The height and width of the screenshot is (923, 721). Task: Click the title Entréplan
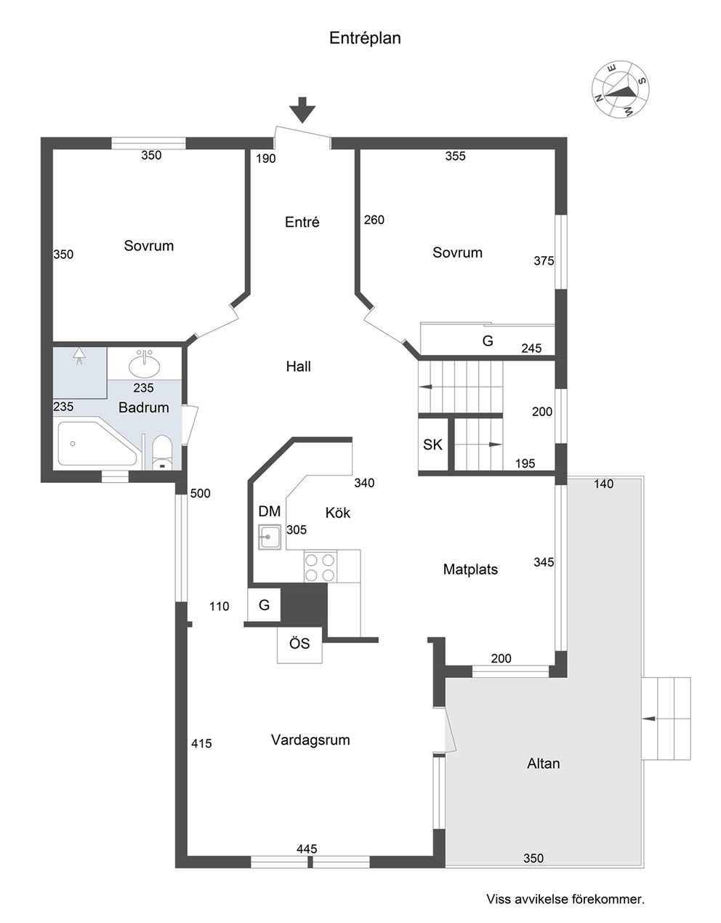click(365, 39)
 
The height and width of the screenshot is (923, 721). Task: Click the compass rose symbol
click(621, 89)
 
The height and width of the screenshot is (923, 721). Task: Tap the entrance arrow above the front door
click(302, 110)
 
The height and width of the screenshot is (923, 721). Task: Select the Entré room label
click(302, 222)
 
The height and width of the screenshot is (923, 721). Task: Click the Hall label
click(298, 367)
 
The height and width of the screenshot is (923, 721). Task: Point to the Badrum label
click(143, 408)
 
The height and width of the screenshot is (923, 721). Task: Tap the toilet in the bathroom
click(162, 452)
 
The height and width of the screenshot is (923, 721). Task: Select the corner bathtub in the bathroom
click(97, 444)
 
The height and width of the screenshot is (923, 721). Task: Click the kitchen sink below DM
click(270, 537)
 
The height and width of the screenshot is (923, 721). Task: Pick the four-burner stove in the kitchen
click(321, 567)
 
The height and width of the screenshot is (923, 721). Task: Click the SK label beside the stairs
click(432, 444)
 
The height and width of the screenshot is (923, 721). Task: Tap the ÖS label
click(299, 643)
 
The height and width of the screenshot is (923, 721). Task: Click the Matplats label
click(470, 570)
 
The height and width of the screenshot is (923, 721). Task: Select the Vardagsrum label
click(310, 740)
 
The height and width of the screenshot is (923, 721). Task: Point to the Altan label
click(543, 764)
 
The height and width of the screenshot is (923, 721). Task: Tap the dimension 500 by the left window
click(201, 494)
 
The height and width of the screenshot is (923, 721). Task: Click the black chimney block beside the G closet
click(305, 605)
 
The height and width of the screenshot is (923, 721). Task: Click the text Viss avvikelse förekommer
click(565, 899)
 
